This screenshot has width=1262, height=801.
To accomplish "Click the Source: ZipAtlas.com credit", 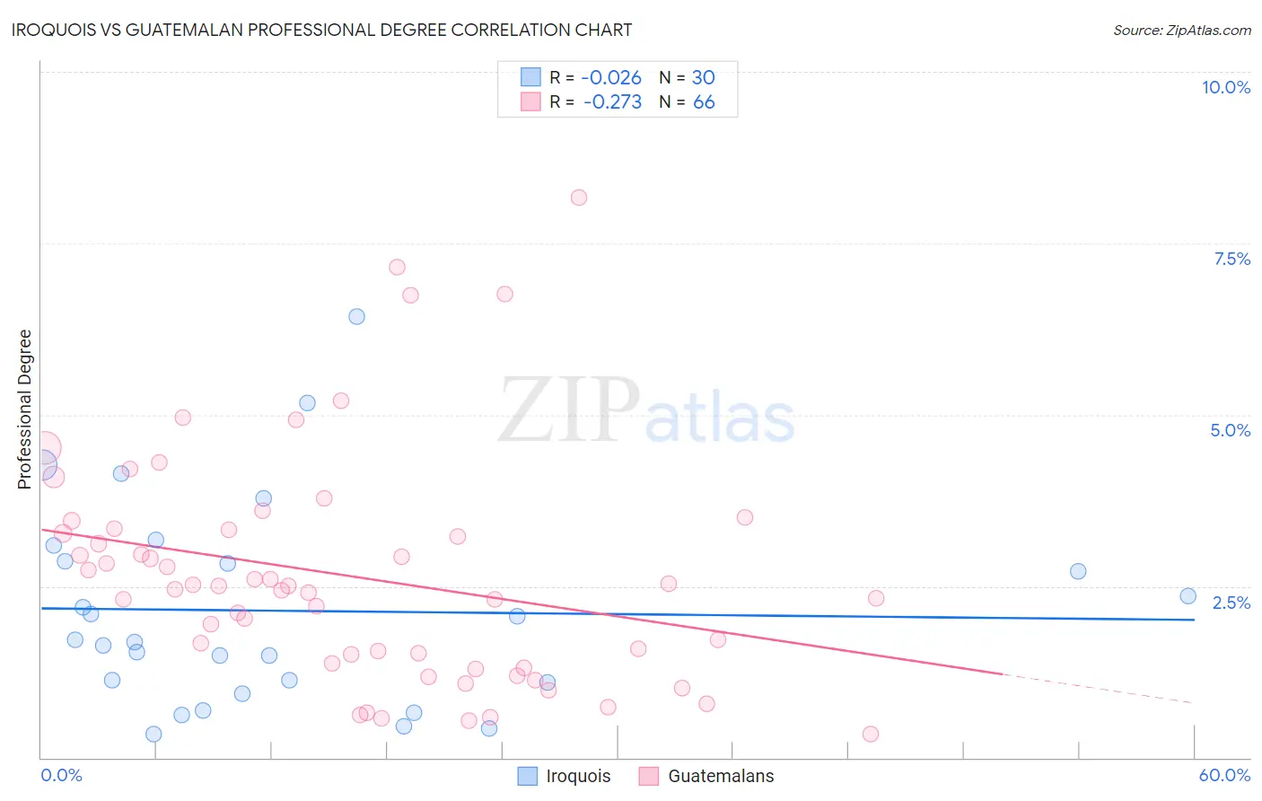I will [1181, 31].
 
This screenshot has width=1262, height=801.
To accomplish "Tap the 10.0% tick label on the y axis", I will [1225, 87].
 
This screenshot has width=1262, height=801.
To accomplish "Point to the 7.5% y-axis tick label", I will [1231, 259].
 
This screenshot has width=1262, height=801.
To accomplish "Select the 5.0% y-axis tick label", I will [1230, 430].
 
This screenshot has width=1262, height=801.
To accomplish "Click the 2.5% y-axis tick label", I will [1231, 603].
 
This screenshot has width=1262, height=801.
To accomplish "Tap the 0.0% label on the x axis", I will [61, 775].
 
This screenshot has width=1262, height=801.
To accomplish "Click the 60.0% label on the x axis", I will [1224, 775].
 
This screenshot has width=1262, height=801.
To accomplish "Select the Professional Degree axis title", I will [24, 409].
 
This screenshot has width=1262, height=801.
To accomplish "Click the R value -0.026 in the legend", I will [611, 78].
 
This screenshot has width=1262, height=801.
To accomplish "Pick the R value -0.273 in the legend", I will [612, 102].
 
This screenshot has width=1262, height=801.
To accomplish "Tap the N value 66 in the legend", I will [704, 102].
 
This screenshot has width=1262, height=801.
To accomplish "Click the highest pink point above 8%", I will [579, 198].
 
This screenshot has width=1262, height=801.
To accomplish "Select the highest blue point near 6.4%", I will [356, 316].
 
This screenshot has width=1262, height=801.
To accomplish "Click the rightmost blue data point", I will [1188, 595].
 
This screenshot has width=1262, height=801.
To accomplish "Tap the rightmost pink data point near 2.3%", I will [876, 598].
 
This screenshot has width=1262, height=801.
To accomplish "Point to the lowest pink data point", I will [870, 734].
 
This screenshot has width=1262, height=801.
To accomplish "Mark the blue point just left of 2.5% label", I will [1188, 595].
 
